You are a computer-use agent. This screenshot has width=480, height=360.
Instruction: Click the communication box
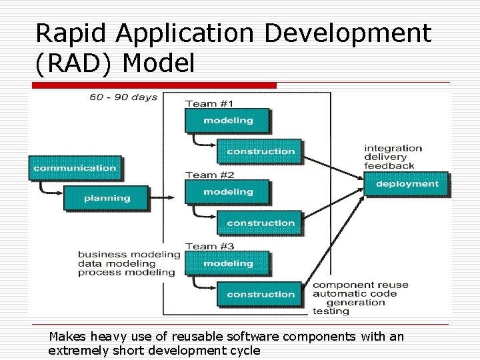click(75, 168)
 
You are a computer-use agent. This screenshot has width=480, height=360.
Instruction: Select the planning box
click(107, 198)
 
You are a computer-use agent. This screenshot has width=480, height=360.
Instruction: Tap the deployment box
click(407, 184)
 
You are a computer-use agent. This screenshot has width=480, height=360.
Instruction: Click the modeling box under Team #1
click(228, 121)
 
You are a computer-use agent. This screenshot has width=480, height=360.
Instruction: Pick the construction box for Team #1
click(260, 151)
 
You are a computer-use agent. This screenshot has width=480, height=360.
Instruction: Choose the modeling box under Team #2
click(228, 192)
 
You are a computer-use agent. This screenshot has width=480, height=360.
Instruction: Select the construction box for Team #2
click(260, 223)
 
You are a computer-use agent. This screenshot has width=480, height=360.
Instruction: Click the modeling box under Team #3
click(228, 263)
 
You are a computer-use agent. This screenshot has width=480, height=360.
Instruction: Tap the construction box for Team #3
click(260, 294)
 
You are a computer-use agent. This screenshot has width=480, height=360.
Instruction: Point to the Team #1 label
click(209, 103)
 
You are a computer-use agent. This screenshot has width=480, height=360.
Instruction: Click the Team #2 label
click(209, 175)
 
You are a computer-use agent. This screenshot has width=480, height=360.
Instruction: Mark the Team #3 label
click(209, 246)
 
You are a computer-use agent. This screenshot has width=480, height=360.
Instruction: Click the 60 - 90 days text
click(124, 97)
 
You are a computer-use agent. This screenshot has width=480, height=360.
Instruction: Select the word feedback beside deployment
click(389, 165)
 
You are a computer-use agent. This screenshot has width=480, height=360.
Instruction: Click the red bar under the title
click(153, 85)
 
